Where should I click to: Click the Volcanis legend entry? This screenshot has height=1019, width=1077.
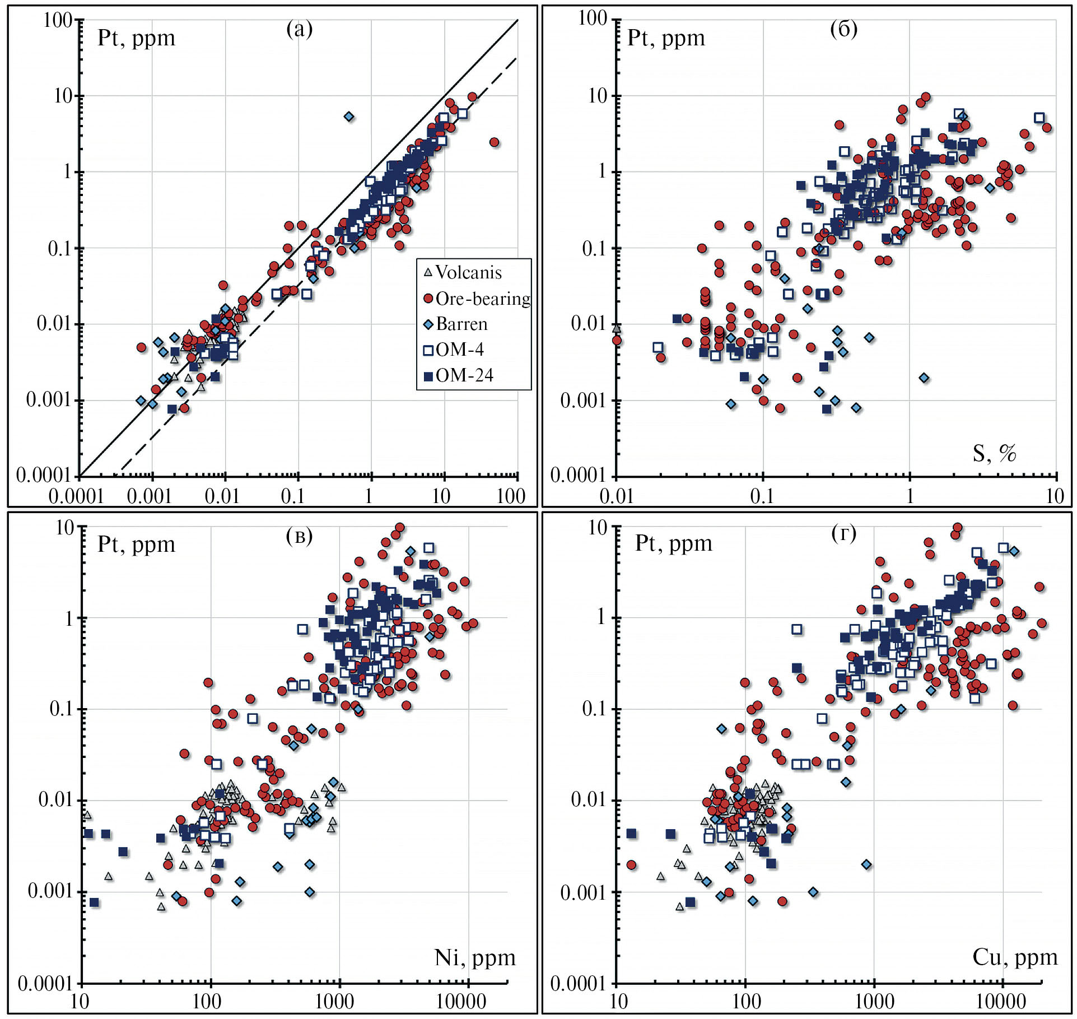[468, 273]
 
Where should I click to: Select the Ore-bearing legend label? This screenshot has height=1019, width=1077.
[482, 299]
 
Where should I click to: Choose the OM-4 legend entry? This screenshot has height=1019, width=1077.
[459, 350]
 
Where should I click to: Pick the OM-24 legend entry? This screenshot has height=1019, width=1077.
[464, 375]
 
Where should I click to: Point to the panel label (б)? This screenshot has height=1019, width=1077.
[843, 28]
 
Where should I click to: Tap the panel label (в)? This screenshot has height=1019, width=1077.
[300, 536]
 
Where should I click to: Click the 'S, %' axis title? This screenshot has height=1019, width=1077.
[994, 453]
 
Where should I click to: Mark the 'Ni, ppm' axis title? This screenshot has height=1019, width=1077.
[475, 957]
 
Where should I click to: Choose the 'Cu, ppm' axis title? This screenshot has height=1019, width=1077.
[1015, 957]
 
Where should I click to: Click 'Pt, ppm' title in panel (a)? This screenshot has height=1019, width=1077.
[136, 38]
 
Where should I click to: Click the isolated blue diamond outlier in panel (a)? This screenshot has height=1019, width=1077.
[349, 117]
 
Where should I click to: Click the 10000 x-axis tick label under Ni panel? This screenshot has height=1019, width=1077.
[461, 1001]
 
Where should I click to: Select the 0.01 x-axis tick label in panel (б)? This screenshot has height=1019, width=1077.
[616, 496]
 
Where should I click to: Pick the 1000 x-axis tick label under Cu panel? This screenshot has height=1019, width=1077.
[873, 1001]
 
